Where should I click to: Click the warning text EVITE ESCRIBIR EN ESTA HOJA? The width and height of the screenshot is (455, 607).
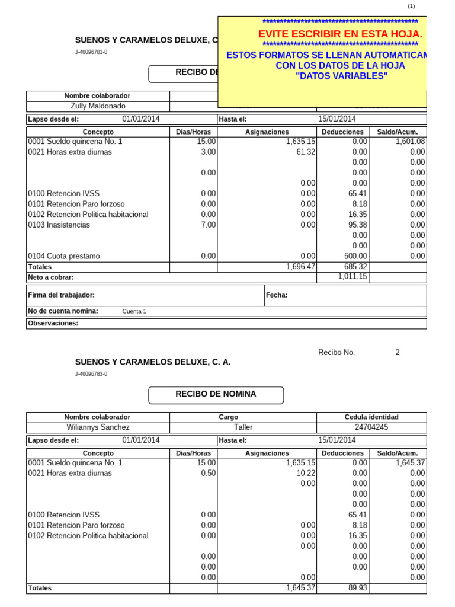click(x=340, y=34)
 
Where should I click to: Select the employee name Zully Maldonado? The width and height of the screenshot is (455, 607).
click(x=98, y=107)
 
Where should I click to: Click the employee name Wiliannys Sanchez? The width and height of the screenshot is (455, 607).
click(x=98, y=427)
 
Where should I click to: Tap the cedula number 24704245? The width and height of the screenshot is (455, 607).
click(x=371, y=427)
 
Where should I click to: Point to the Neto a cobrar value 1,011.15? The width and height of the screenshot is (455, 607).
click(x=352, y=277)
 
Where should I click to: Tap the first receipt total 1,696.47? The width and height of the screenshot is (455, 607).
click(x=300, y=267)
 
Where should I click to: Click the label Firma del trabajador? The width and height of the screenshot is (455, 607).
click(x=62, y=295)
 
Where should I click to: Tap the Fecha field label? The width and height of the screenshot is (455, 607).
click(x=277, y=295)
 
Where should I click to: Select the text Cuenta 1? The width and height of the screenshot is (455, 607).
click(x=134, y=312)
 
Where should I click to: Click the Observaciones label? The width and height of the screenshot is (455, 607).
click(x=53, y=324)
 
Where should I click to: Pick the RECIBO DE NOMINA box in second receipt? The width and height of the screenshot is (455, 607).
click(x=216, y=395)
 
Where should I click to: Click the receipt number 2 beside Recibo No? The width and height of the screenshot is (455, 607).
click(x=398, y=353)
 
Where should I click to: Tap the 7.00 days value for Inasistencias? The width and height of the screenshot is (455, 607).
click(x=208, y=225)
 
